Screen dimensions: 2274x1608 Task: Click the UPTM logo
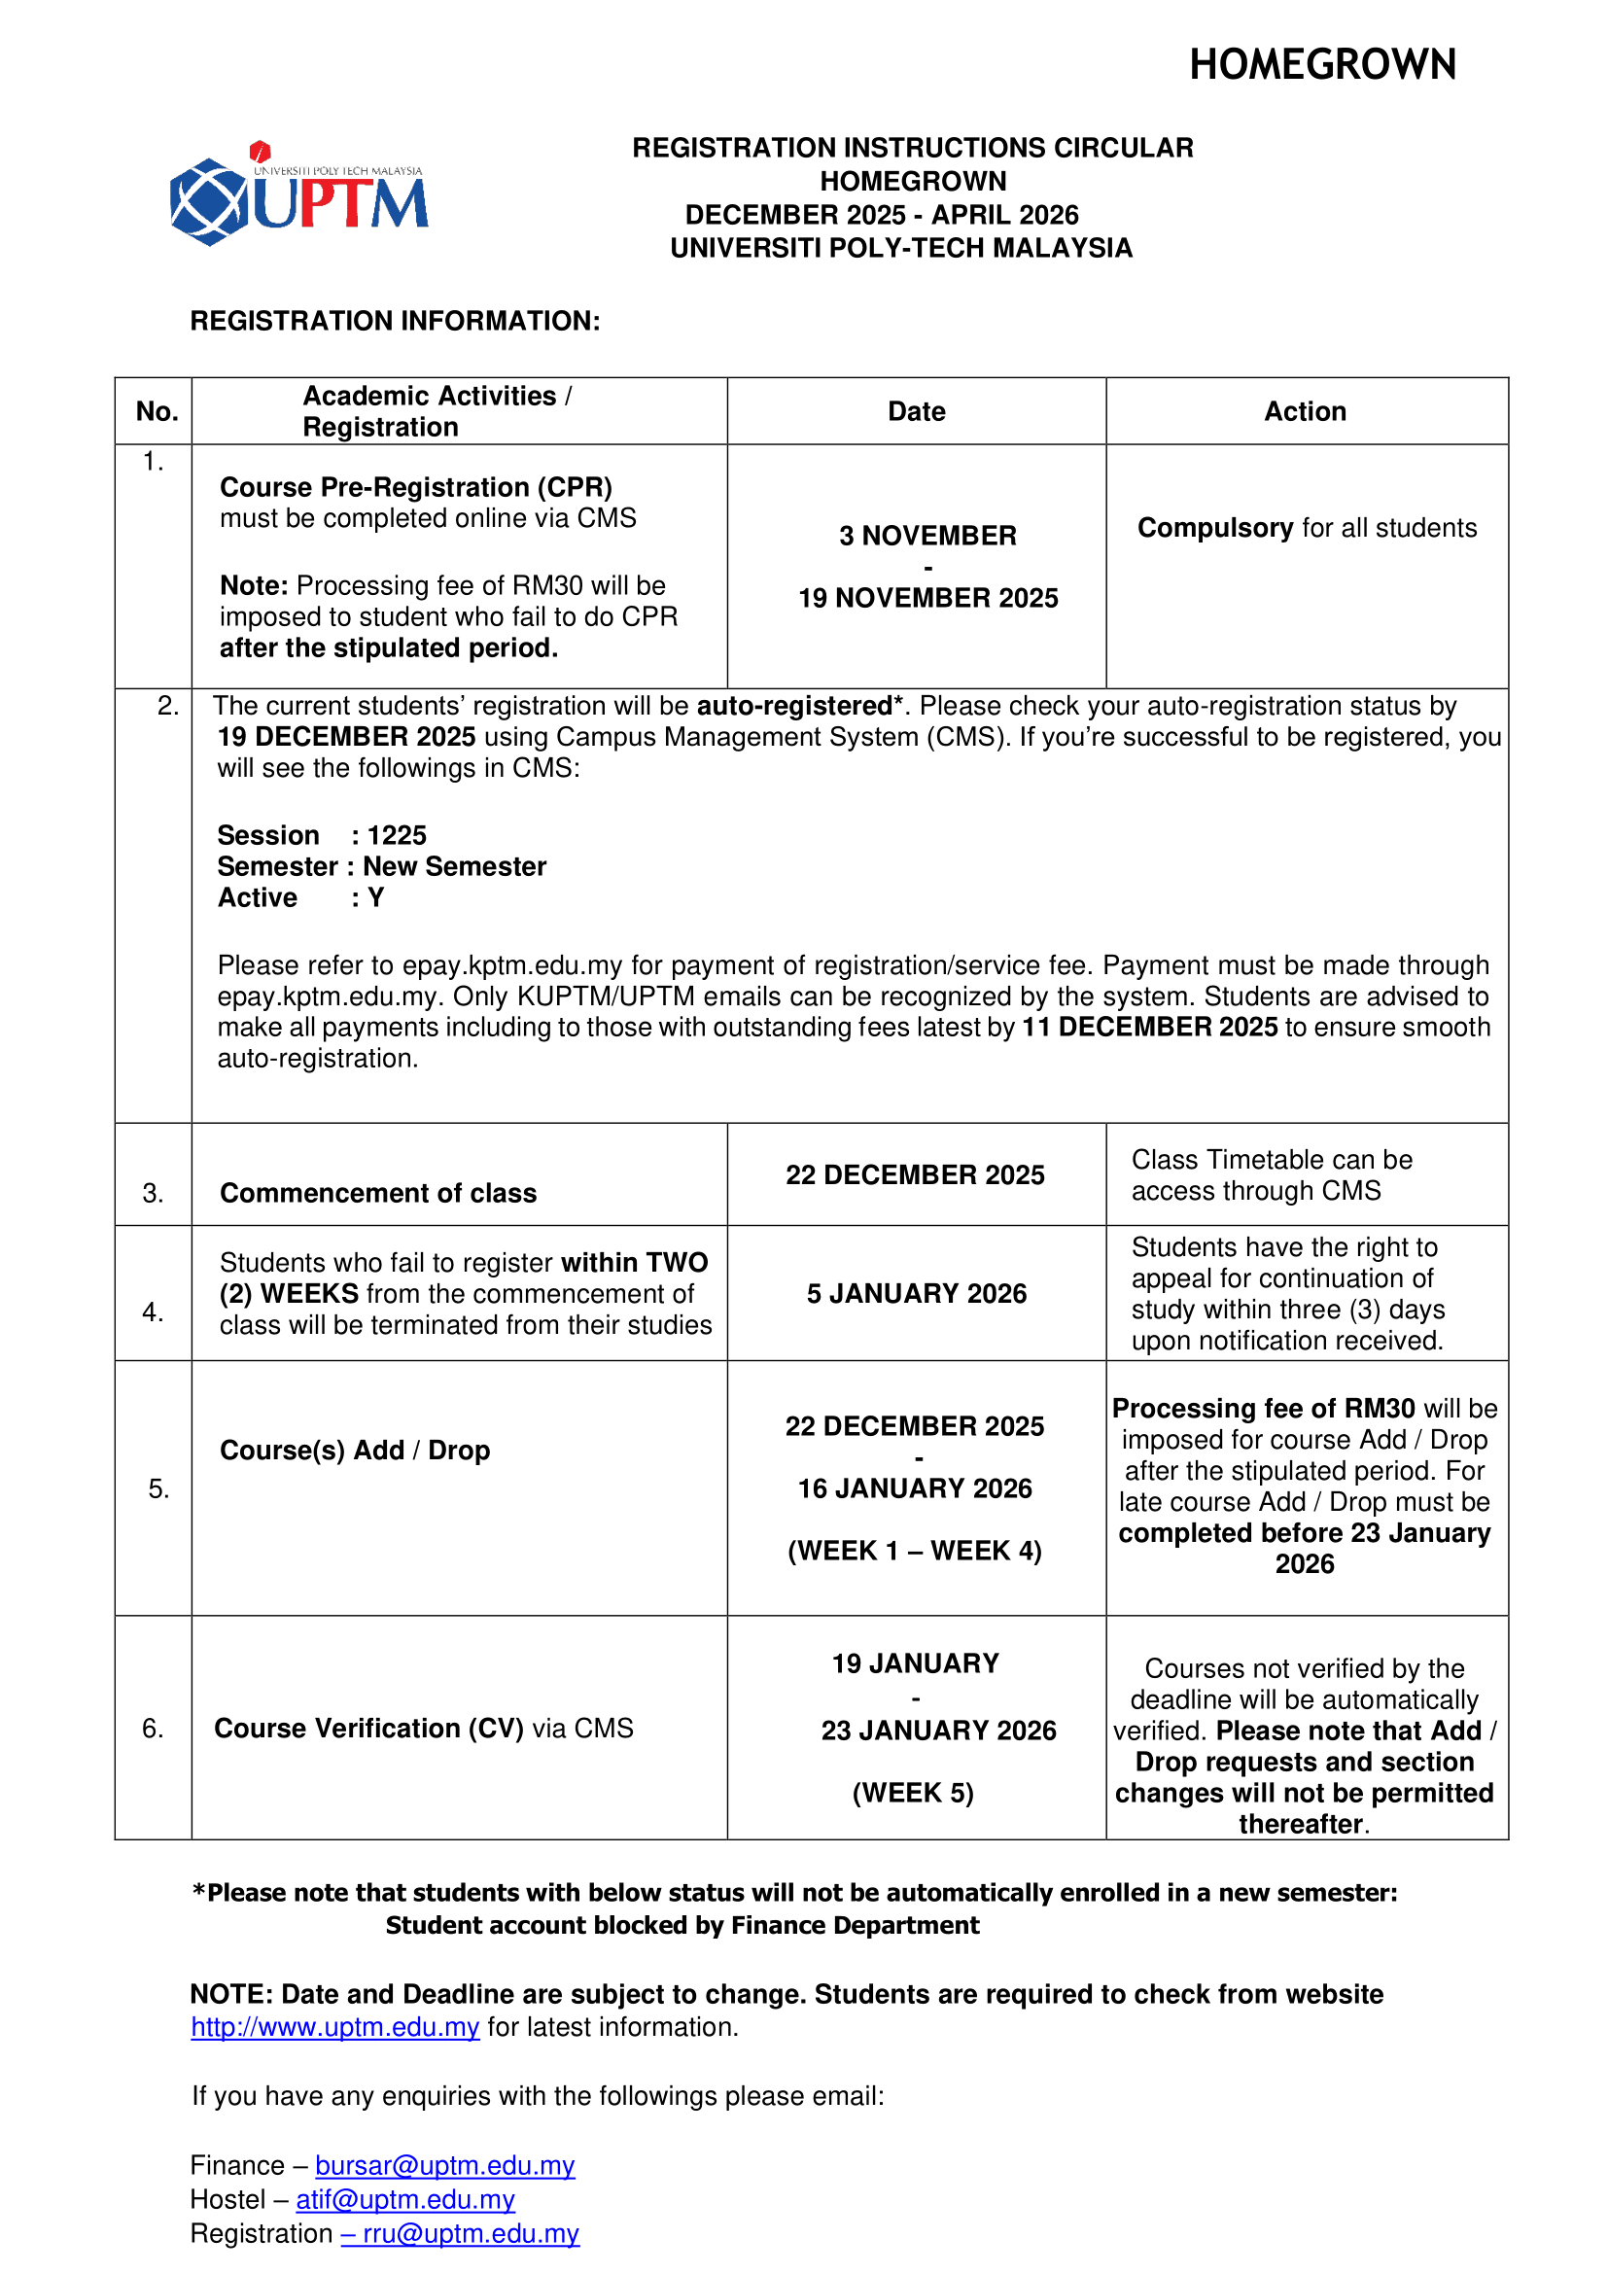coord(298,194)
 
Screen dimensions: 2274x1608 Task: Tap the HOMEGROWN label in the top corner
coord(1322,65)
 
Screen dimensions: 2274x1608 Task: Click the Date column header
coord(916,411)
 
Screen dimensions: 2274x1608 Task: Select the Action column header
coord(1305,411)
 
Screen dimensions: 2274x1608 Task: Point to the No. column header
coord(157,411)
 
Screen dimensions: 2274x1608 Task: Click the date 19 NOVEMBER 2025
coord(927,598)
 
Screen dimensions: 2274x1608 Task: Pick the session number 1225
coord(397,835)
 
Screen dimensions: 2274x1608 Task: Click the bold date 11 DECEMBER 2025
coord(1149,1027)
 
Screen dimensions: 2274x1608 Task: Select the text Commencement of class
coord(378,1193)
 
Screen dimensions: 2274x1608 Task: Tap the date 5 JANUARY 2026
coord(916,1293)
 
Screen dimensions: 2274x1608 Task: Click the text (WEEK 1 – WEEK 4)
coord(915,1550)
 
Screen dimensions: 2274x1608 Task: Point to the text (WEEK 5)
coord(913,1793)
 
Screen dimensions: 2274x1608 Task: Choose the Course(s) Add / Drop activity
coord(355,1450)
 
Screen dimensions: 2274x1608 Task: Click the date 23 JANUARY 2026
coord(937,1731)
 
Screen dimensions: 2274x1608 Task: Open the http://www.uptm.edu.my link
coord(334,2027)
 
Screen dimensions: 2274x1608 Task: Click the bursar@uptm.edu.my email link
coord(444,2165)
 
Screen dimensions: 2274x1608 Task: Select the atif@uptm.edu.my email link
coord(405,2199)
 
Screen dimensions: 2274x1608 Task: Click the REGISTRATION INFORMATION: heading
coord(395,321)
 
